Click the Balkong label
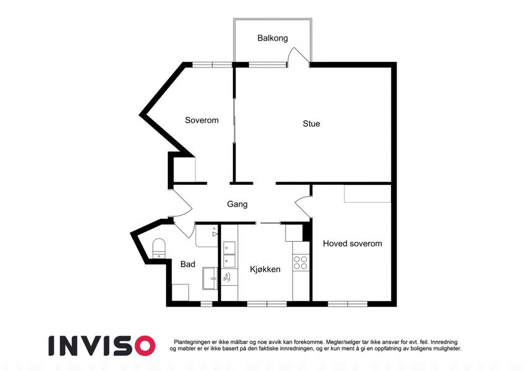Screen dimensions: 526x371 click(273, 38)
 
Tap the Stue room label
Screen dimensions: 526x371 click(311, 124)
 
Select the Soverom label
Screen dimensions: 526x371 click(201, 120)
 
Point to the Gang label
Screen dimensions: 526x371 click(237, 204)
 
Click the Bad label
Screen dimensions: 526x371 click(188, 264)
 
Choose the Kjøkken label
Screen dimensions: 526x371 click(265, 269)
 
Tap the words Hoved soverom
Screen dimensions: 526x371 click(353, 244)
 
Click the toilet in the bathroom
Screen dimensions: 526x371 click(159, 248)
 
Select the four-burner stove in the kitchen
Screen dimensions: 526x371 click(300, 262)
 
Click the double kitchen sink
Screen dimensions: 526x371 click(229, 255)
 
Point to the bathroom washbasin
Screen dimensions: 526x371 click(210, 278)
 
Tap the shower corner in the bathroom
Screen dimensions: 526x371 click(207, 236)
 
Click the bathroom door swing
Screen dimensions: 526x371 click(184, 230)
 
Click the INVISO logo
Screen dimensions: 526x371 click(102, 346)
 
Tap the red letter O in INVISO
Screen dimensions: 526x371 click(144, 346)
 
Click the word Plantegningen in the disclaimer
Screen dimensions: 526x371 click(192, 342)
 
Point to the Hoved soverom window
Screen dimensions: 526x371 click(348, 304)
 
